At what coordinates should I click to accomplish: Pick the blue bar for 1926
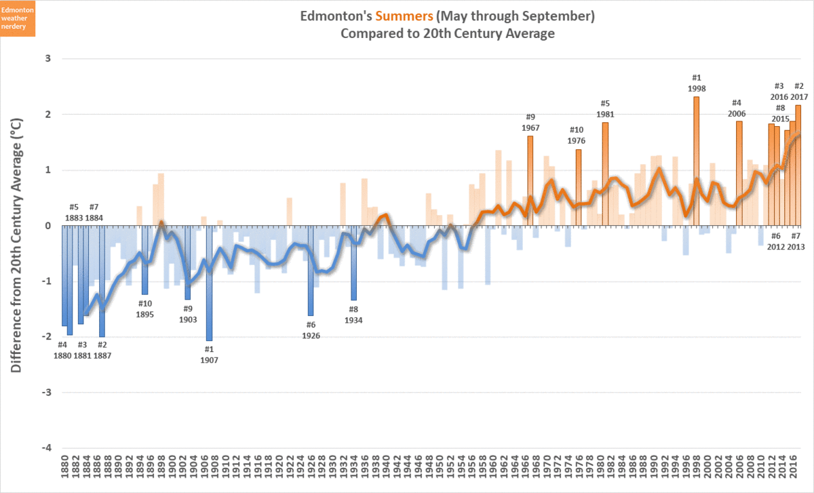pos(311,271)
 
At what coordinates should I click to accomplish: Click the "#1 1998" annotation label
pos(696,83)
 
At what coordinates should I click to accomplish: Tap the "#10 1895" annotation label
pos(145,309)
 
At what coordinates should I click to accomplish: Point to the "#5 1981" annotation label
pos(605,109)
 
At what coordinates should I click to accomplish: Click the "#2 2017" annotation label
pos(798,92)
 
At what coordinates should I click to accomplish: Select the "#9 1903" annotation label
pos(188,313)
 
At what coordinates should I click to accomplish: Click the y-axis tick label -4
pos(47,448)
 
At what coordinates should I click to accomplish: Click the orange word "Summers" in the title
pos(405,15)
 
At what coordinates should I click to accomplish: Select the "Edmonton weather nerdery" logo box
pos(18,19)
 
